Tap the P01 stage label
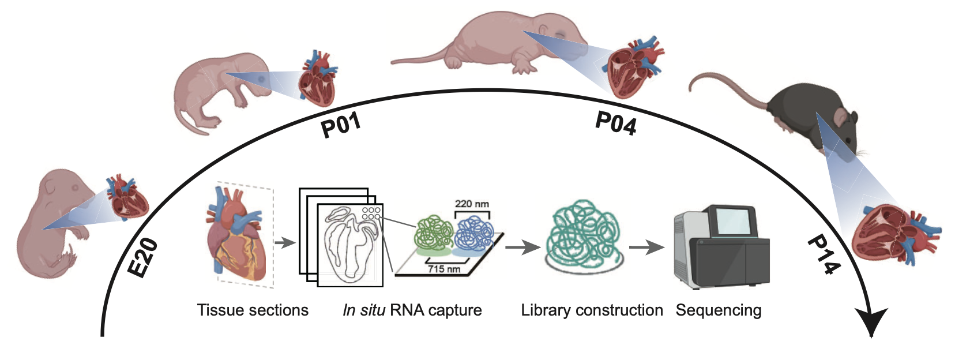[x=341, y=124]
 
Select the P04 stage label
[x=616, y=123]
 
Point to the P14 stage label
[x=824, y=254]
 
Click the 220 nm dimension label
[x=472, y=204]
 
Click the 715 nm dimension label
[x=443, y=269]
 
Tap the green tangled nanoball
[x=434, y=232]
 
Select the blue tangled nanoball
[x=474, y=233]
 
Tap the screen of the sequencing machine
[x=733, y=222]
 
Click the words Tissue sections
[x=253, y=310]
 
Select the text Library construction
[x=592, y=310]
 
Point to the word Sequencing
[x=718, y=310]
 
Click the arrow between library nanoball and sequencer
[x=646, y=248]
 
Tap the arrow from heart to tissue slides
[x=284, y=242]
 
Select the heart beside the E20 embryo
[x=126, y=197]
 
